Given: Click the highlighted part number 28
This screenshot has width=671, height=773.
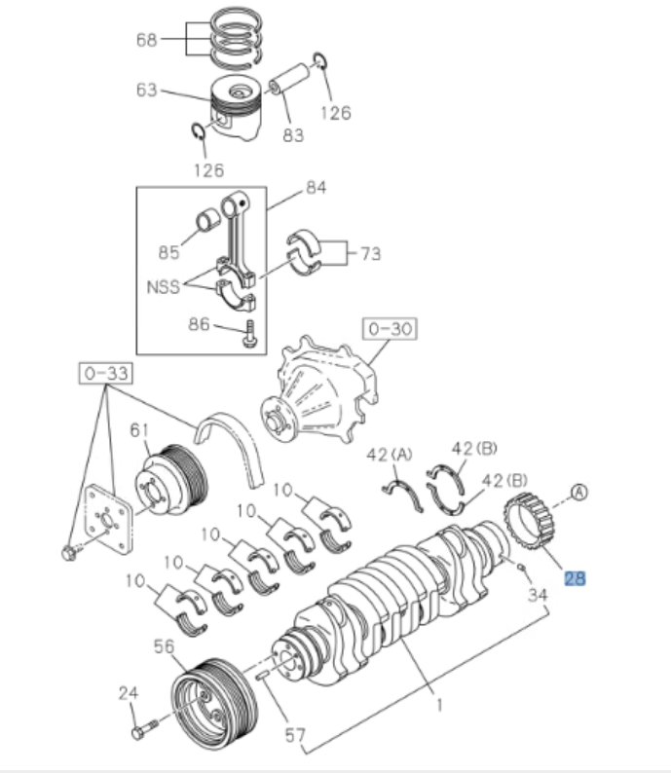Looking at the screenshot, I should click(x=575, y=578).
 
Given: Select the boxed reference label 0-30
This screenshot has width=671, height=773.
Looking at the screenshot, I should click(x=390, y=329).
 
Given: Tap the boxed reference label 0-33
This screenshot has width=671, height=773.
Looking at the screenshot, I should click(x=104, y=372).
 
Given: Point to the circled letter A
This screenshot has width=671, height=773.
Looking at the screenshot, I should click(x=579, y=494).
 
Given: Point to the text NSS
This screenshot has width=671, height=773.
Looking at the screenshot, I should click(x=163, y=289).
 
